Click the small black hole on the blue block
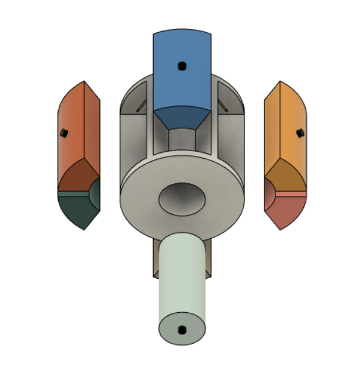coord(181,65)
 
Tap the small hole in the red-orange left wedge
coord(64,132)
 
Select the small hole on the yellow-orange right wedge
coord(299,133)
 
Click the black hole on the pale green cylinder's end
coord(181,330)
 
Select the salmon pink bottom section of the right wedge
coord(285,210)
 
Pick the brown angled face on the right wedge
coord(285,176)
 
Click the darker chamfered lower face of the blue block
coord(182,117)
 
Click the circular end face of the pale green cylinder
coord(182,327)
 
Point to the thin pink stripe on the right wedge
coord(287,194)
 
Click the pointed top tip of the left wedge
coord(84,81)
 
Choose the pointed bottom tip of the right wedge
coord(280,229)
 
